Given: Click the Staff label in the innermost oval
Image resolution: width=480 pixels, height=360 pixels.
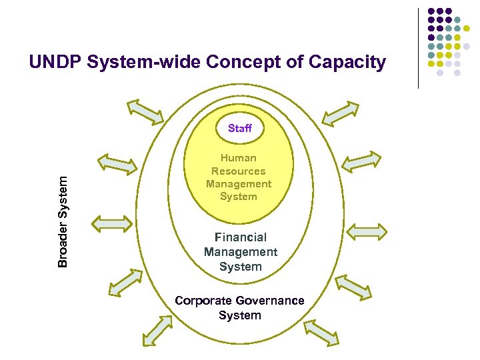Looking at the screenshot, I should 239,128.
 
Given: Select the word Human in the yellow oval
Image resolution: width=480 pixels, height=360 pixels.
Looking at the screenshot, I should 239,158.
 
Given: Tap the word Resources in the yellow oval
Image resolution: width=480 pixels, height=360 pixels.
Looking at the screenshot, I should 239,171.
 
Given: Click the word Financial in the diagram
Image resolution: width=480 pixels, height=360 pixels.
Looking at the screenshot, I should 240,237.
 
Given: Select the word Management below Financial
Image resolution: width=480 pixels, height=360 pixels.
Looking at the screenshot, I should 240,252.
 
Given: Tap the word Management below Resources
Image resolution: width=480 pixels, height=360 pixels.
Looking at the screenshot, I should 239,183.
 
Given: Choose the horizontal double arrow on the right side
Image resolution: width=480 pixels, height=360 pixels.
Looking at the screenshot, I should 367,231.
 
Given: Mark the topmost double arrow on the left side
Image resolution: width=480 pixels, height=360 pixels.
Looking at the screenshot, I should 145,111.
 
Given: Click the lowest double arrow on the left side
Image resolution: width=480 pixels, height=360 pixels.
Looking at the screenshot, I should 157,331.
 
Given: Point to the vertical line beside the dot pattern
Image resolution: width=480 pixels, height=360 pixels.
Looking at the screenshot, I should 419,48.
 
